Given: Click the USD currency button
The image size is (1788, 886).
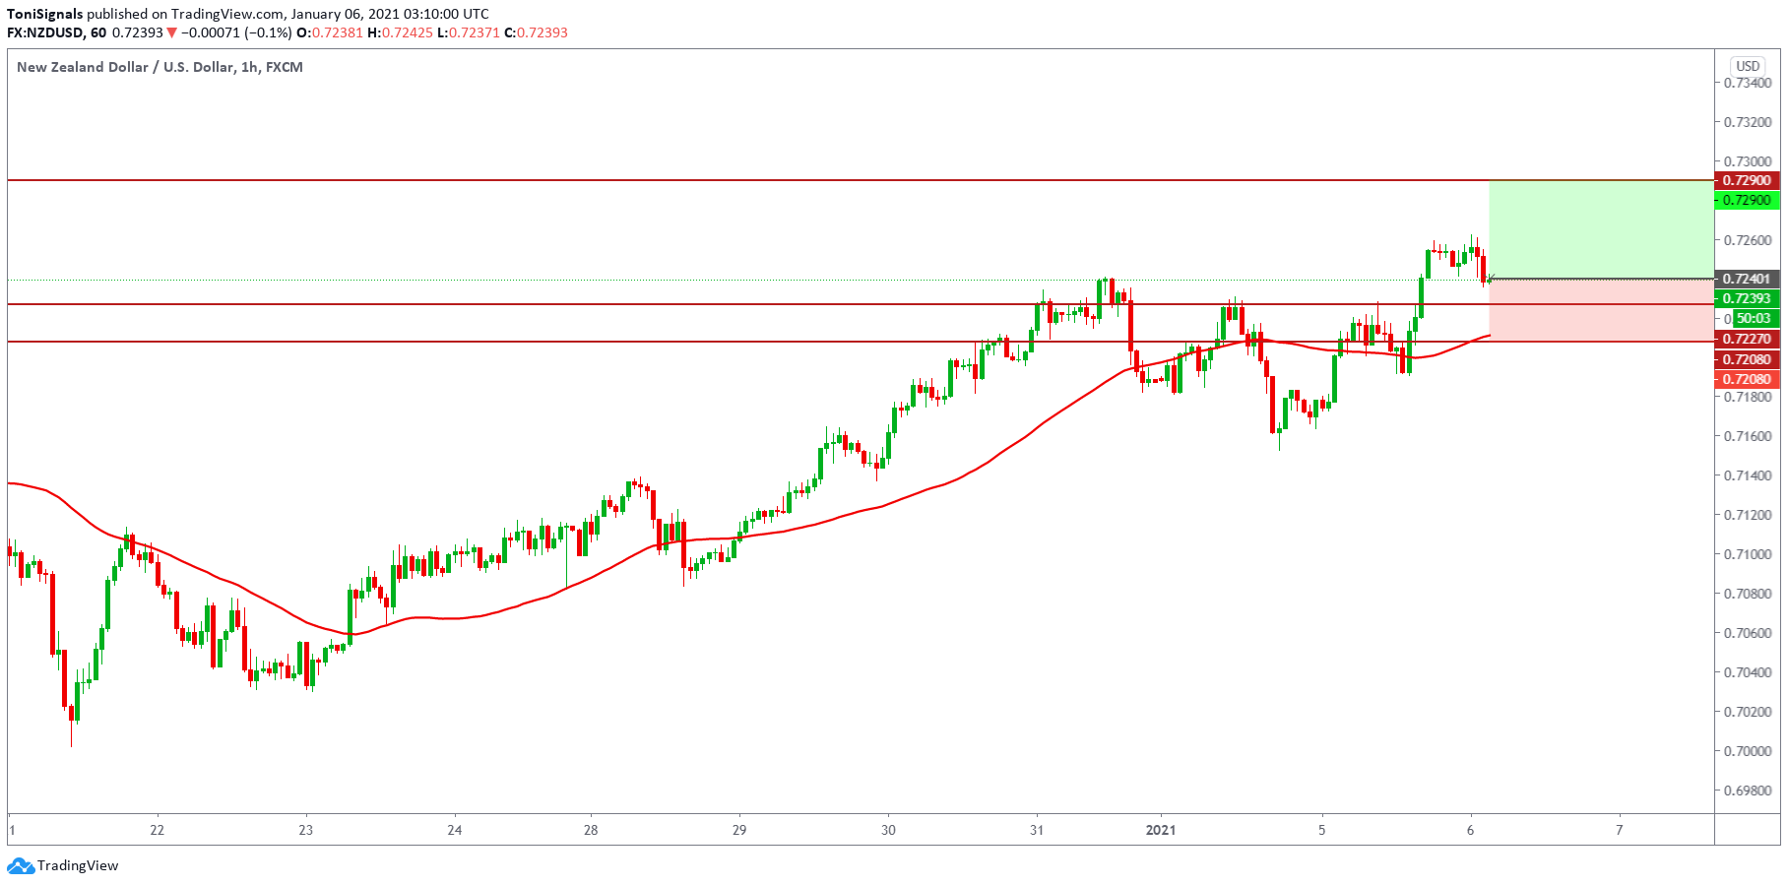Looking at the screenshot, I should [x=1748, y=66].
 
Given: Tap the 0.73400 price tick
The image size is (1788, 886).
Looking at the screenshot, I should [x=1748, y=83].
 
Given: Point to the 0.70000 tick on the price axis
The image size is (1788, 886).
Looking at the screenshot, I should [x=1748, y=751].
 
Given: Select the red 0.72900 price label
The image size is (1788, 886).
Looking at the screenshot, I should [x=1748, y=180].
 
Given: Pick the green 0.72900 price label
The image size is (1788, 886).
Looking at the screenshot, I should [x=1748, y=200].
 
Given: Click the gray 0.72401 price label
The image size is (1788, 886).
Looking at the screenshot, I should [x=1748, y=279].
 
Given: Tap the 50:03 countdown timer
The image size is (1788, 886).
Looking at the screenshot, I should [x=1753, y=318].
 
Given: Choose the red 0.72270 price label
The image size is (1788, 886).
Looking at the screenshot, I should [x=1748, y=339].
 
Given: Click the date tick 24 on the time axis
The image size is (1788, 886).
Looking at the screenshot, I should [x=455, y=830].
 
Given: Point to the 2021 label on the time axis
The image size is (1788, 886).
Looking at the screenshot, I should [x=1161, y=830].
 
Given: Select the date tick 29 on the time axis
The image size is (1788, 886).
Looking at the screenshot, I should [x=739, y=830].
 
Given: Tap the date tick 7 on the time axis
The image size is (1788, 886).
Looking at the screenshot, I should [x=1620, y=830].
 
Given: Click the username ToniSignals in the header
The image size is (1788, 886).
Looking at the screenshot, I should [x=45, y=14].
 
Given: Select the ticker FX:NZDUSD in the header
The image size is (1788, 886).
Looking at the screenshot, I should [x=45, y=32].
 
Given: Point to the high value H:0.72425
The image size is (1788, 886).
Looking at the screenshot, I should [x=400, y=32].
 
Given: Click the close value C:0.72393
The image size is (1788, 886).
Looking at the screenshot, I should [x=536, y=32].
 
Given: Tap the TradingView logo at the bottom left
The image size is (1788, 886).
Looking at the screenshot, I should [x=63, y=866].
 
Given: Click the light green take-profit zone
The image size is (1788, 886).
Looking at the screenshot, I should [x=1601, y=229].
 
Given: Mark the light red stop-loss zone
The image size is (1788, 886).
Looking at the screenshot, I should [x=1601, y=310].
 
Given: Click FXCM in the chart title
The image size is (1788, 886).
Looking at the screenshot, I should [x=285, y=67].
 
